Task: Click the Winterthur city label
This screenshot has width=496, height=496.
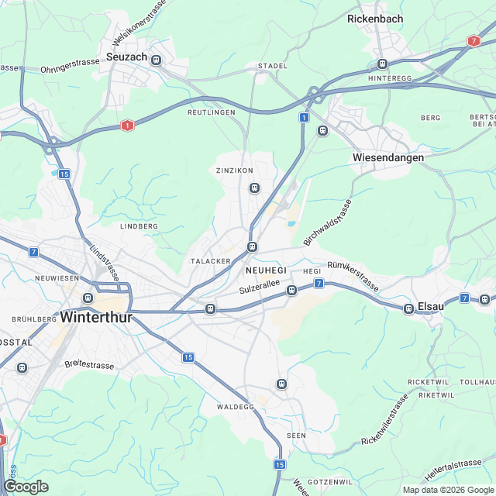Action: (x=97, y=318)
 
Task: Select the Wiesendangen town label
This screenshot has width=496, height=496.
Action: (x=388, y=157)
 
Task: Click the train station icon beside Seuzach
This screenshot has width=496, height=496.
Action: (x=156, y=60)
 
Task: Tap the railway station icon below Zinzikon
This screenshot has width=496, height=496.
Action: (x=253, y=188)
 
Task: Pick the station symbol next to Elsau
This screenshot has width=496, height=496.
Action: (x=408, y=308)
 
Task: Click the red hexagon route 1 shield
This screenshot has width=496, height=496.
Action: (x=127, y=125)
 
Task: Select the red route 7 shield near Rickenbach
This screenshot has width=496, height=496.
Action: (x=474, y=40)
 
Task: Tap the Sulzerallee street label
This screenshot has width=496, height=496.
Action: (x=259, y=288)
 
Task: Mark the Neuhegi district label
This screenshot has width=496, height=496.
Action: (x=265, y=269)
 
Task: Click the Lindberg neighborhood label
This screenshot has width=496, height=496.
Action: (x=139, y=226)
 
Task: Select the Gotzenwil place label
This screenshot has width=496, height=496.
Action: (x=330, y=482)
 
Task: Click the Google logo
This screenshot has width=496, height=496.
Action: (x=26, y=487)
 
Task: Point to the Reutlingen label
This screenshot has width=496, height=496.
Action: (x=211, y=112)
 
